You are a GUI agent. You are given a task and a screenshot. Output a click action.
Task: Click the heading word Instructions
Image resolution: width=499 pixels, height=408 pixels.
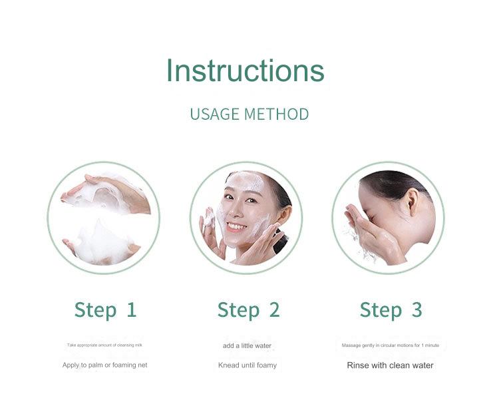pos(245,71)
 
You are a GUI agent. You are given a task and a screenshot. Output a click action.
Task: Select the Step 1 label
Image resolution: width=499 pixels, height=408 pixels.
pos(105,309)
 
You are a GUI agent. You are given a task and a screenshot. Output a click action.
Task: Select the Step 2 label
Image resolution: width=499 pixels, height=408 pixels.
pos(248,309)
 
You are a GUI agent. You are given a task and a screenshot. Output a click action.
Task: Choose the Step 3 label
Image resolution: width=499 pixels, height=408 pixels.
pos(391,309)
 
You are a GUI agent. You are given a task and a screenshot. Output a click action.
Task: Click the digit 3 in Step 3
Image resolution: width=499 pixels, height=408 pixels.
pos(416,309)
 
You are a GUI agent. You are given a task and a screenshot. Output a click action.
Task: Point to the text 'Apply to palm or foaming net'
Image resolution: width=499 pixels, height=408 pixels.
pos(105,365)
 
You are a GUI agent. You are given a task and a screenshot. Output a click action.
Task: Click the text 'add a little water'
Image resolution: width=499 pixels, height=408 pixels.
pos(247,345)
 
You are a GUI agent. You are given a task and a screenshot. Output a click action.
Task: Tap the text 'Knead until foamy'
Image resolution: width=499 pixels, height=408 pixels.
pos(247,365)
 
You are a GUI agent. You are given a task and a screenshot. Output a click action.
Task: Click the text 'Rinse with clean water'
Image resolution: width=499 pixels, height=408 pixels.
pos(390,365)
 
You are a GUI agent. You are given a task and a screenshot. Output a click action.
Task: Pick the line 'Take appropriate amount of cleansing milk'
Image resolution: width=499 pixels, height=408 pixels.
pos(105,345)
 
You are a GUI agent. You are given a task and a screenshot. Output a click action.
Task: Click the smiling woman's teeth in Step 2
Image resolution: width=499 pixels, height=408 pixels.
pos(236,226)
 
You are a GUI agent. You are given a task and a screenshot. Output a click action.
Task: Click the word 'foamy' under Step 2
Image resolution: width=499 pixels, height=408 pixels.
pos(265,365)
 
